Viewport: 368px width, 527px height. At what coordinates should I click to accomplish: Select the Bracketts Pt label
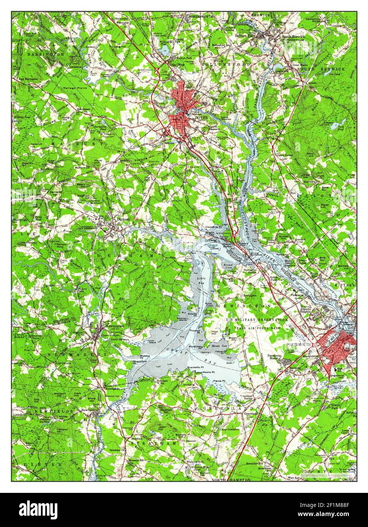point(196,368)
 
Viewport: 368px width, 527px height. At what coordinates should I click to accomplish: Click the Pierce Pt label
point(219,381)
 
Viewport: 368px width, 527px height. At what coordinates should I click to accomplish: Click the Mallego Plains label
point(74,88)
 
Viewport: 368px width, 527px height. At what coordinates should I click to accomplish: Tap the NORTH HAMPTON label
point(231,480)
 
